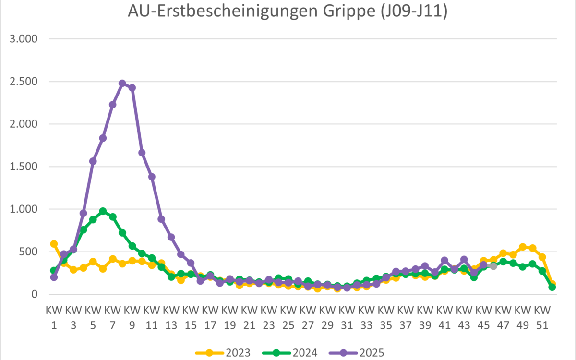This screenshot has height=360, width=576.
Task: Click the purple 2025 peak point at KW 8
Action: tap(122, 83)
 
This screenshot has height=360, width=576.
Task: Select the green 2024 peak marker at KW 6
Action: tap(103, 211)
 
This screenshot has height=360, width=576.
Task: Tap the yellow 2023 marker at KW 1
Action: tap(54, 244)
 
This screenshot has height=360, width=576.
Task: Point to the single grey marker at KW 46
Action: tap(493, 266)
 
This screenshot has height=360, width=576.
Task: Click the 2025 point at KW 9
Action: tap(132, 87)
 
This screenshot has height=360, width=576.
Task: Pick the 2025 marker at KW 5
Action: tap(93, 161)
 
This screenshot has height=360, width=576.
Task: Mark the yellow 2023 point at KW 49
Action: tap(523, 247)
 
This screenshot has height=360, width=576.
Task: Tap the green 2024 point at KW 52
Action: tap(552, 287)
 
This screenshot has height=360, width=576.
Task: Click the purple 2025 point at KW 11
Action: tap(152, 177)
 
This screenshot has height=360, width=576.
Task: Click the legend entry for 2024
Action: tap(290, 353)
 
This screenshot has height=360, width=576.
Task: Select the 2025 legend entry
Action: tap(357, 353)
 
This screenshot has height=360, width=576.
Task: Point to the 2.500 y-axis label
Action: tap(24, 82)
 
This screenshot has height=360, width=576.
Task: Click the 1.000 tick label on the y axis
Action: tap(24, 209)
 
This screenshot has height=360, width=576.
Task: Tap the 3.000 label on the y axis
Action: tap(24, 39)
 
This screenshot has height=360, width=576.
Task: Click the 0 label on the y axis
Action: tap(34, 294)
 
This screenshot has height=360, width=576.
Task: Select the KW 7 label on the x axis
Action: tap(112, 318)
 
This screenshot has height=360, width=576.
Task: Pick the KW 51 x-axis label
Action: tap(542, 318)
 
